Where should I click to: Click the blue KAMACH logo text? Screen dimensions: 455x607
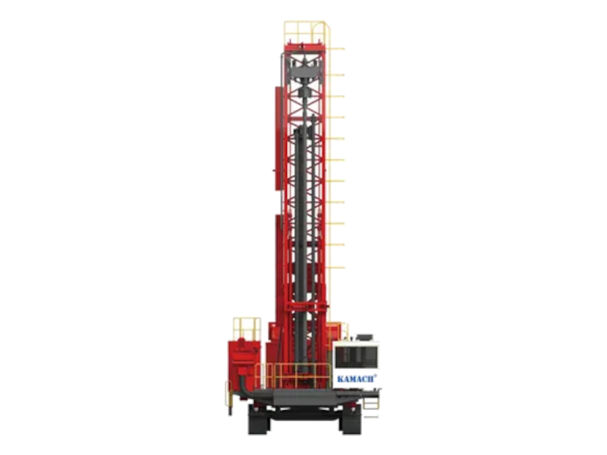(x=354, y=376)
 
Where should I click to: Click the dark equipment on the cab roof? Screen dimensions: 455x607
(x=365, y=333)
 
